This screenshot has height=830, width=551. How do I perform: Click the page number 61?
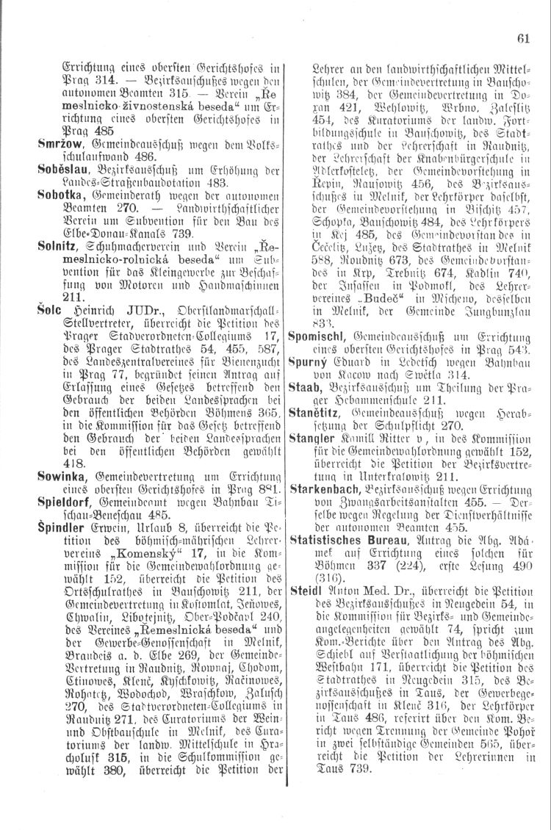coord(522,39)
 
